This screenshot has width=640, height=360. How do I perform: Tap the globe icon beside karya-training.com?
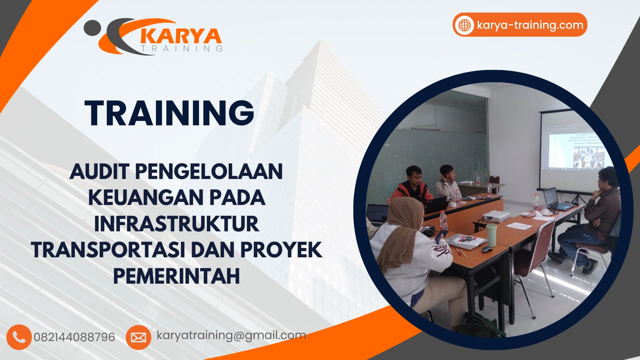point(465,25)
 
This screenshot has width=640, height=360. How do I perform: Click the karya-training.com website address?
point(530,25)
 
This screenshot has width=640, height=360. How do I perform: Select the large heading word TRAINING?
point(169,113)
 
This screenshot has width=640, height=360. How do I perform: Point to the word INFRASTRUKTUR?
point(176,224)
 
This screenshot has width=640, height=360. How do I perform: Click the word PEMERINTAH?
point(176,276)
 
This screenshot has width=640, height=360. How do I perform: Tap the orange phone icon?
point(19,337)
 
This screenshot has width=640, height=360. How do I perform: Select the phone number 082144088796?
point(74,337)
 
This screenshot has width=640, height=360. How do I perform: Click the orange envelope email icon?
point(138,337)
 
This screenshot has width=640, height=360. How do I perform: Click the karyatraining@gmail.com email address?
point(231,335)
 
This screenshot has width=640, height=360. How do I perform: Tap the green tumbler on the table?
point(491,235)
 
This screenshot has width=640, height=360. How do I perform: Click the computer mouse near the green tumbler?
point(487,249)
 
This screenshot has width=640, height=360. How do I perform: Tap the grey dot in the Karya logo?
point(92,28)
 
